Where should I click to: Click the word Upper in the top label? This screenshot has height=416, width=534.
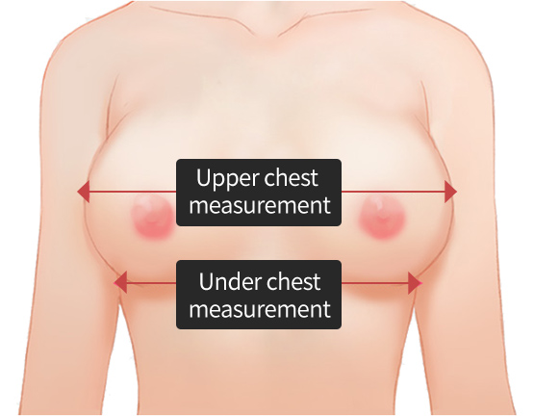(x=227, y=178)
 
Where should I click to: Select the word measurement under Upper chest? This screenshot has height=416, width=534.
(x=260, y=205)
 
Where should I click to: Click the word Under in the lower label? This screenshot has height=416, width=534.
(x=230, y=281)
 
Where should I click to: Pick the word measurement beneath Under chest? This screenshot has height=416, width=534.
(x=260, y=309)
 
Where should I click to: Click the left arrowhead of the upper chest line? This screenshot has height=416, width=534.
(x=84, y=192)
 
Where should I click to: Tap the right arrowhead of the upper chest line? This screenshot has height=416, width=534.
(x=450, y=192)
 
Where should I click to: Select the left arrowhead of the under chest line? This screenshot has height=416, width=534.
(x=120, y=282)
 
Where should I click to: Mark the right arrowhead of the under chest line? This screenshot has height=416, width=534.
(x=415, y=283)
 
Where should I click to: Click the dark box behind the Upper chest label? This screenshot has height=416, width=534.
(x=259, y=193)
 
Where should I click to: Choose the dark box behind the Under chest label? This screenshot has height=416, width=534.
(x=259, y=295)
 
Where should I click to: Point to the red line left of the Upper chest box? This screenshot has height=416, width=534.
(x=133, y=192)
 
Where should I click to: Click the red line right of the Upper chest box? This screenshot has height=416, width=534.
(x=393, y=192)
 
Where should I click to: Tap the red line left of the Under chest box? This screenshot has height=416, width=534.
(x=151, y=283)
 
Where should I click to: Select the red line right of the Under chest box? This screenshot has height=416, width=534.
(x=375, y=283)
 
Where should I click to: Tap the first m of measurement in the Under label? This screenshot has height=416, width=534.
(x=198, y=311)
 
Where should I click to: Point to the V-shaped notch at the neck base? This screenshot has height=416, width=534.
(x=279, y=35)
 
